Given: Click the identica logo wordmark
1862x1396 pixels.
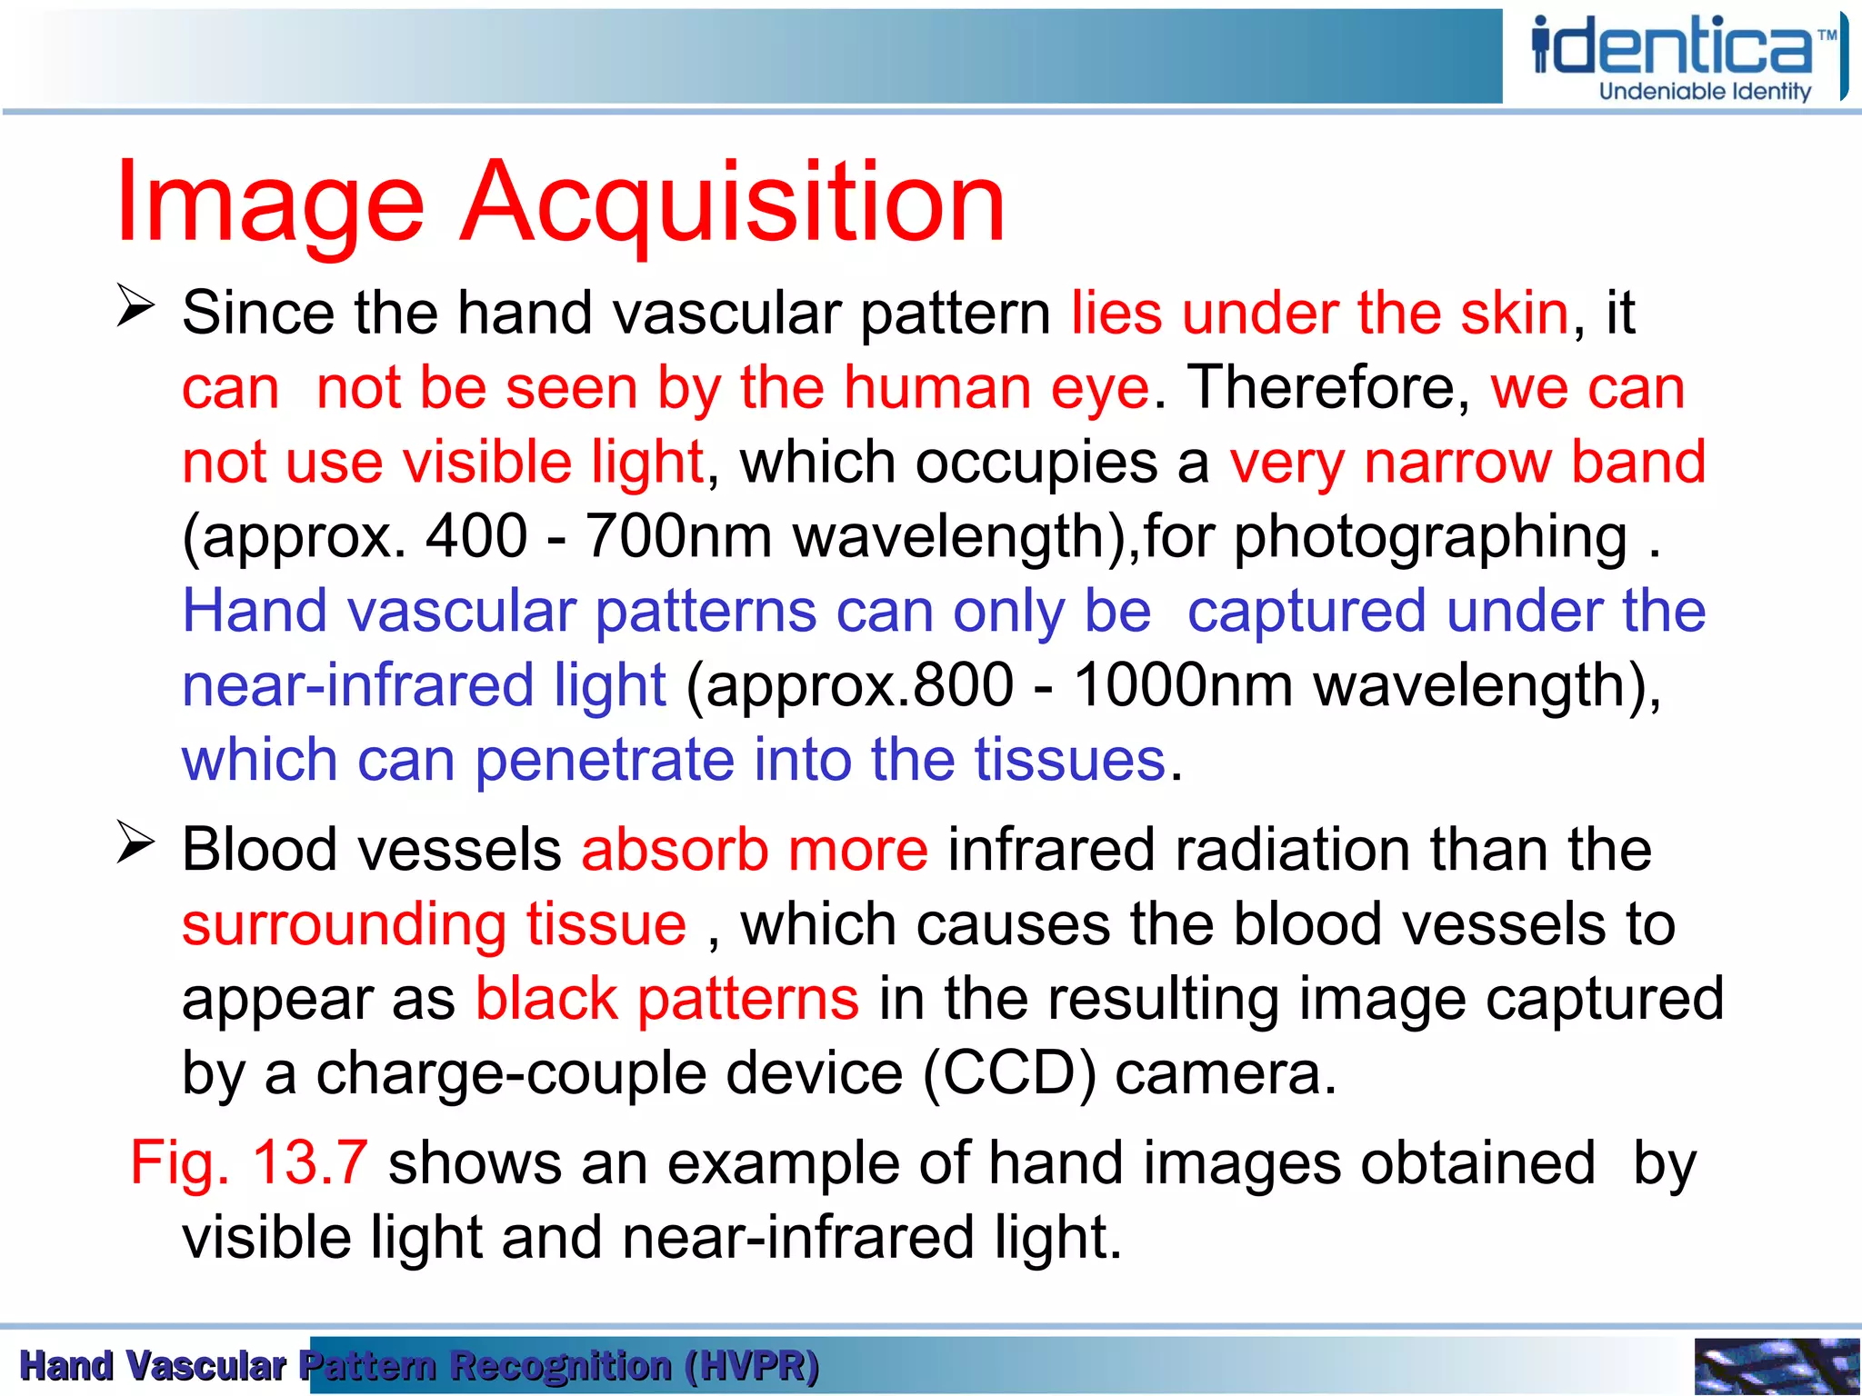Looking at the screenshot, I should [1673, 47].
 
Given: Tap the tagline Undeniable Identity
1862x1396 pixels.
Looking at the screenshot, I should [1705, 92].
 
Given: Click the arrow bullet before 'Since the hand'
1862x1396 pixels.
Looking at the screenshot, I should [135, 305].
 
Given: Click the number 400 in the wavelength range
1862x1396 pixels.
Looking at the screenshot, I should [476, 535].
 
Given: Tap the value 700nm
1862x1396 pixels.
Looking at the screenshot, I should [678, 535].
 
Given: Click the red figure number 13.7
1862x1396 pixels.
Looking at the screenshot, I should [309, 1162].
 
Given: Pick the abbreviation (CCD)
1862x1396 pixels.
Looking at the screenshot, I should [1009, 1073].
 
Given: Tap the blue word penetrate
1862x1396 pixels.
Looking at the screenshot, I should [604, 760].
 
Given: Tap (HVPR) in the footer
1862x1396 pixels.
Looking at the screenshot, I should [752, 1366].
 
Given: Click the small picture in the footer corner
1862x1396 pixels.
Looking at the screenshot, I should [1777, 1366].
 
